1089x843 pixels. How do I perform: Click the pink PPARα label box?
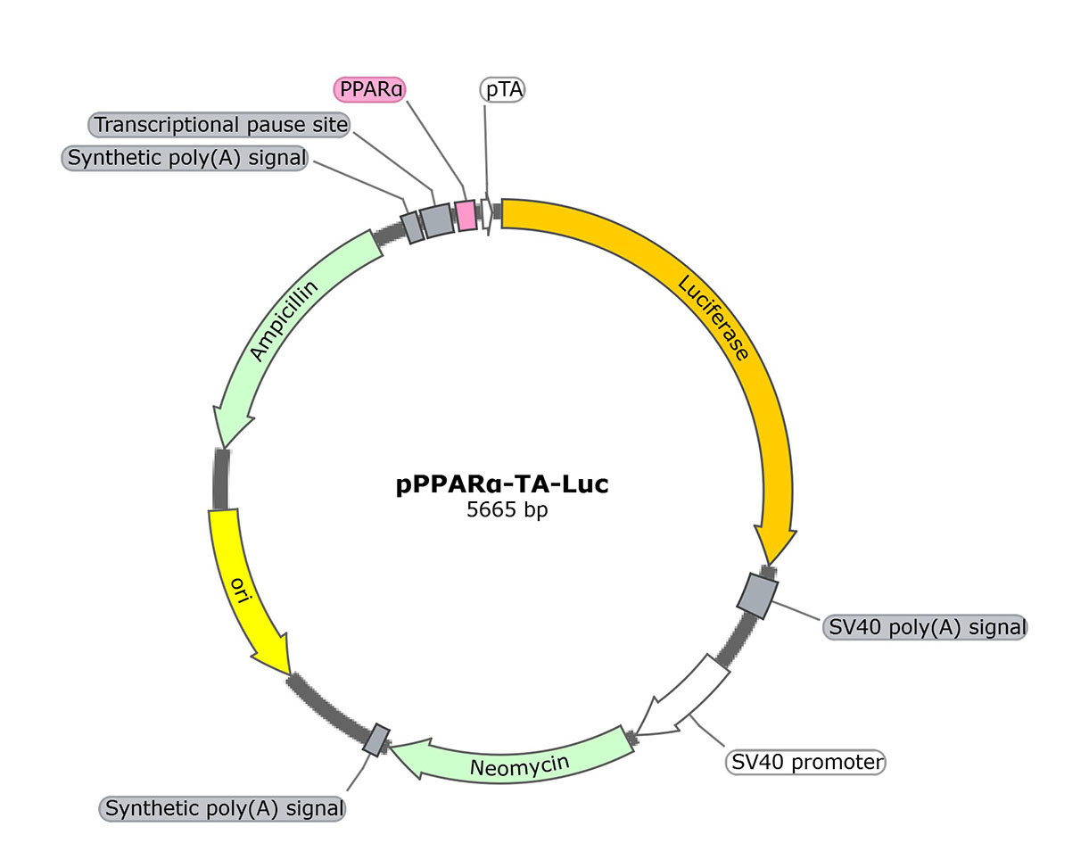click(x=369, y=89)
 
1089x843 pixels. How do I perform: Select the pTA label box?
click(x=502, y=89)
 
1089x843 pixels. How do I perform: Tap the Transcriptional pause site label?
click(x=220, y=124)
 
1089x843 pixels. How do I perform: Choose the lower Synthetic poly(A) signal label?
click(x=224, y=808)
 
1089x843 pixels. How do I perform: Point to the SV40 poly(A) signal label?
click(x=924, y=626)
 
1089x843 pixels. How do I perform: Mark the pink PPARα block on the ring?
click(x=466, y=215)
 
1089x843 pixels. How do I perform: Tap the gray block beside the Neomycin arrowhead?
click(x=377, y=738)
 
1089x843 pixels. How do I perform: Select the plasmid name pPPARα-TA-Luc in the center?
click(x=502, y=485)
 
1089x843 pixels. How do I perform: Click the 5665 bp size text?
click(x=502, y=512)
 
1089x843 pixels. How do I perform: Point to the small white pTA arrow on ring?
click(x=487, y=213)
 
